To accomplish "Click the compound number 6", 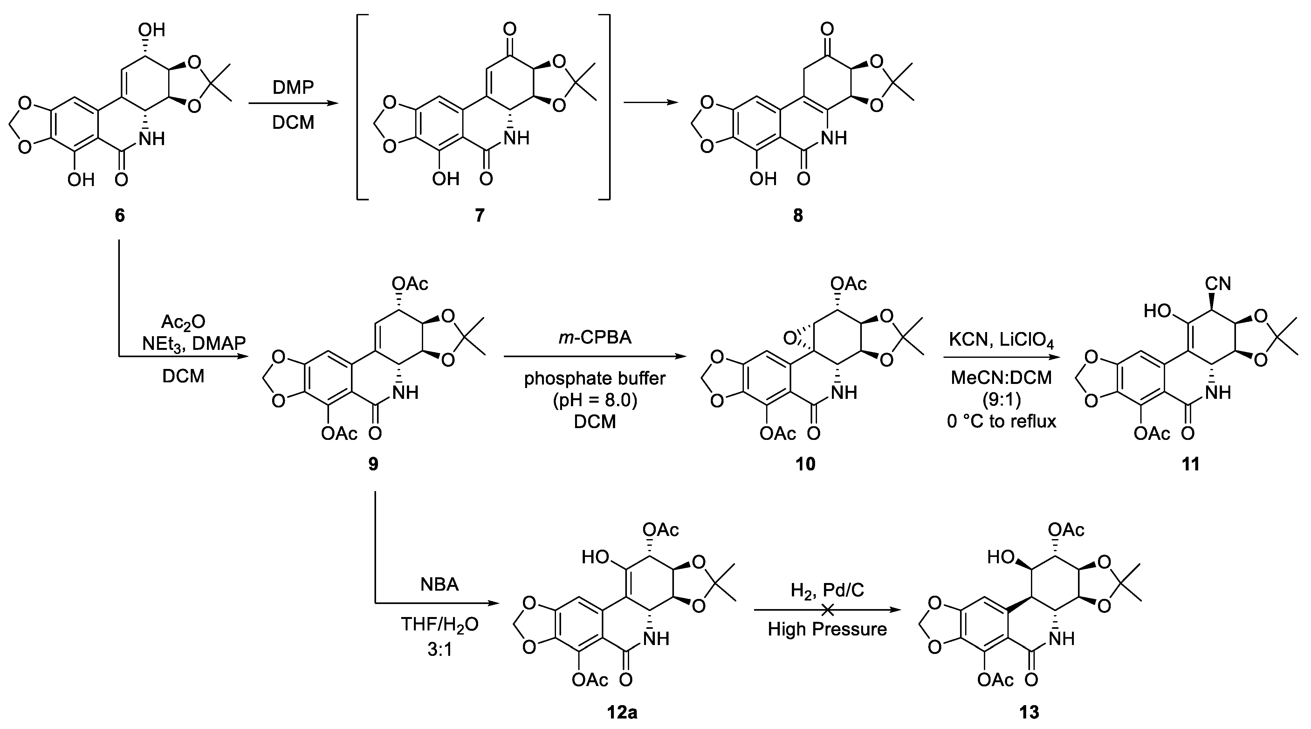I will (x=119, y=215).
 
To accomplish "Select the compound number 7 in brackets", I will (x=480, y=215).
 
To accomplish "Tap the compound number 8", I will (x=798, y=215).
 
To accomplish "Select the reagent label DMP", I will (x=293, y=87).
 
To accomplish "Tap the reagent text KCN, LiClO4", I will (x=1001, y=338).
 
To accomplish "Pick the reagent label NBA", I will (x=440, y=584).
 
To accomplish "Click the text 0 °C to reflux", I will (x=1001, y=421).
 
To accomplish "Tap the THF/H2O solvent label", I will (x=440, y=624).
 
